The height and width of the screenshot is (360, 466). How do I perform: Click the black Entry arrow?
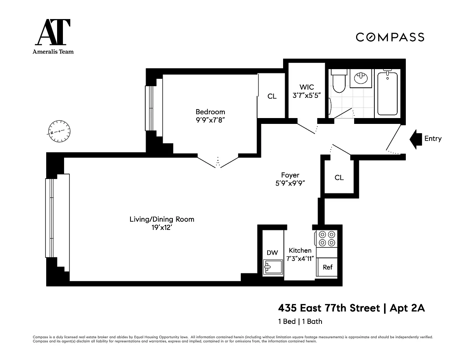click(416, 139)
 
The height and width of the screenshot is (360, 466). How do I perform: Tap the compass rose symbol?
click(59, 131)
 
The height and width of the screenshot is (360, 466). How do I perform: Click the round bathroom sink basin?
click(361, 78)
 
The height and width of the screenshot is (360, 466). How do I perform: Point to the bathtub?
click(387, 94)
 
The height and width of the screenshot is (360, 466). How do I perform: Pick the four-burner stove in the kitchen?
click(327, 238)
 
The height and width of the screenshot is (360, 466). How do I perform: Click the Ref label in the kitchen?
click(327, 267)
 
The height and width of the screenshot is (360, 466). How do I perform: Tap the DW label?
click(272, 252)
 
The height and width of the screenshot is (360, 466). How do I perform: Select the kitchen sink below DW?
click(273, 267)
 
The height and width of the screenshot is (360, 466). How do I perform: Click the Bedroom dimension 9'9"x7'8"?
click(210, 120)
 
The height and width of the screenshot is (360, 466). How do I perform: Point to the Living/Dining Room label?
click(162, 219)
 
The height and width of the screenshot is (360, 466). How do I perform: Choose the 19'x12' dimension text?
click(162, 228)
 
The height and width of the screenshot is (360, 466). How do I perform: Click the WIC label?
click(307, 87)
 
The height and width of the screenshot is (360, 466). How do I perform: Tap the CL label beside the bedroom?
click(272, 96)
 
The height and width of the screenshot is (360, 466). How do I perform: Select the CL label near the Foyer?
click(339, 177)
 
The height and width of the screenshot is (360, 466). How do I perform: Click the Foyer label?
click(290, 175)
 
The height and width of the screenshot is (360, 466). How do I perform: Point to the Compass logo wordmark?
click(390, 37)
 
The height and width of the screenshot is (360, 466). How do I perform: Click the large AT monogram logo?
click(53, 32)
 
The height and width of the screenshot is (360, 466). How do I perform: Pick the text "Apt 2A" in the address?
click(407, 308)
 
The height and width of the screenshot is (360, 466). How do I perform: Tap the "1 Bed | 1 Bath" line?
click(300, 322)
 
